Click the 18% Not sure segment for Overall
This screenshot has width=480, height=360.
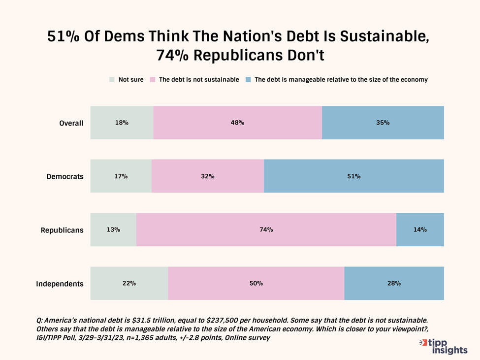(x=122, y=123)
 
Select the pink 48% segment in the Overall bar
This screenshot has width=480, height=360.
(x=237, y=123)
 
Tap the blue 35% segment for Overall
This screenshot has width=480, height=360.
(x=383, y=123)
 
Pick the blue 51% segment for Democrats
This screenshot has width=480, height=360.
(x=353, y=176)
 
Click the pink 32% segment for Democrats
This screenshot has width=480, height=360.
(x=208, y=176)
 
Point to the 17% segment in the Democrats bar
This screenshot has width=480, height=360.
(x=121, y=176)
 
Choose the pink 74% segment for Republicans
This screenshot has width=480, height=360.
(x=266, y=229)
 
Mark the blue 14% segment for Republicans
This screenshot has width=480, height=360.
(x=420, y=229)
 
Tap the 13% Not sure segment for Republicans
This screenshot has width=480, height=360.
(x=113, y=229)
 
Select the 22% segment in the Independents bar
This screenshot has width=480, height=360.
(x=129, y=283)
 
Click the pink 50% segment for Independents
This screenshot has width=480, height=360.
(x=256, y=283)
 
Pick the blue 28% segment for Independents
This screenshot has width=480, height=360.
(x=394, y=283)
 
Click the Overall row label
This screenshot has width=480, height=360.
(x=71, y=123)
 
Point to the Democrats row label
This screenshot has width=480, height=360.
(x=65, y=176)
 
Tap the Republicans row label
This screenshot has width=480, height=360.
(x=62, y=230)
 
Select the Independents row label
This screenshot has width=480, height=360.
(x=60, y=284)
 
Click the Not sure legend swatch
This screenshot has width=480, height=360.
(x=112, y=79)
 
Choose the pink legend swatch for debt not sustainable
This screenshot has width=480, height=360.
(x=153, y=79)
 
